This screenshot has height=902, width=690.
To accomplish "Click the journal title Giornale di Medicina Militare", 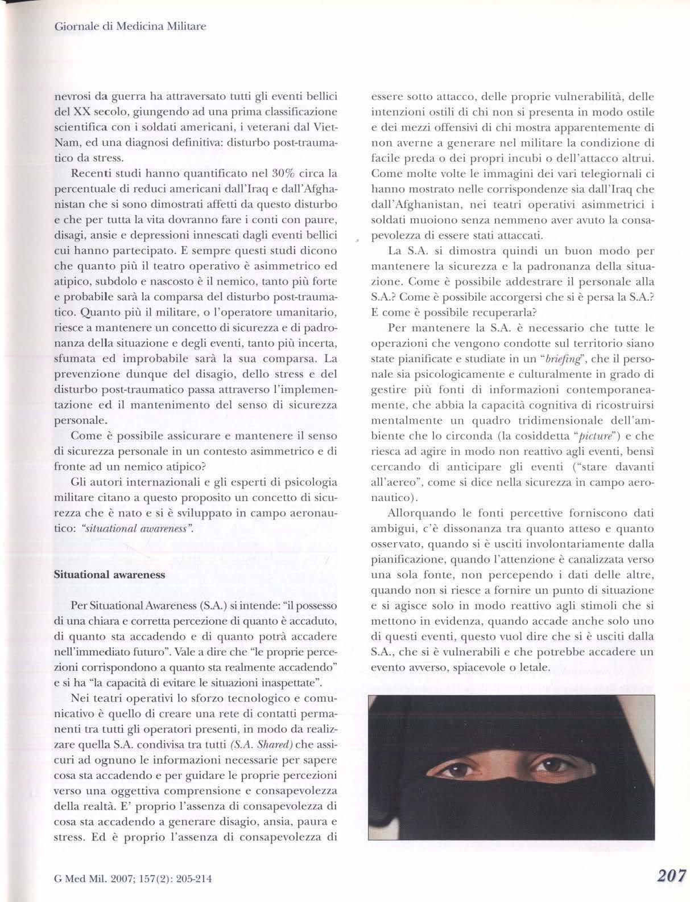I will point(128,26).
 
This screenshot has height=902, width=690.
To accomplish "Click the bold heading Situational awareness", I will point(109,574).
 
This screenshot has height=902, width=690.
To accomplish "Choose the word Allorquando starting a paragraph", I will point(419,498).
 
